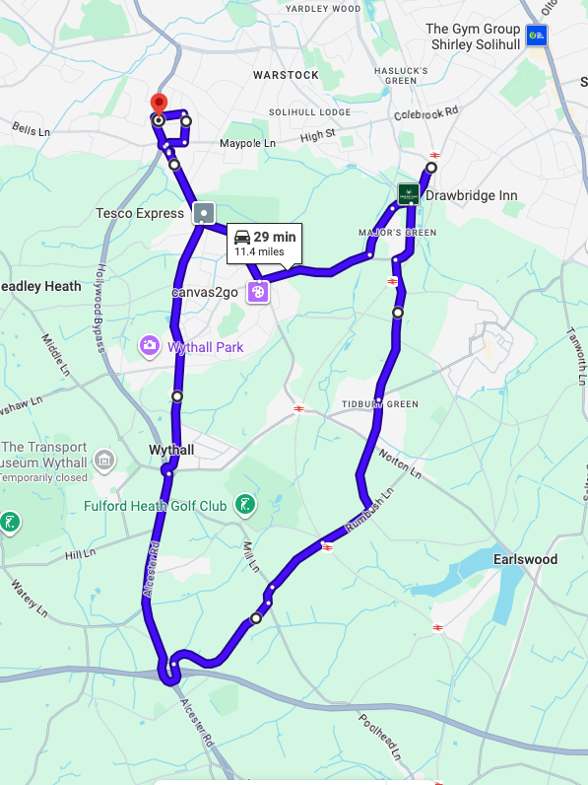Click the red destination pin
[x=158, y=103]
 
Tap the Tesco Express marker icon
[x=204, y=213]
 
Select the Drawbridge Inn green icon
[x=408, y=194]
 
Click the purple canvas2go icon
[x=256, y=292]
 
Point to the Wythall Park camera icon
[x=149, y=345]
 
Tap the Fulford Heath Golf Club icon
[x=244, y=506]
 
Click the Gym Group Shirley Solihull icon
[x=537, y=36]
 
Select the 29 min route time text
[x=274, y=237]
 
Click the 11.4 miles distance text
[x=259, y=252]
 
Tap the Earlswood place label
[x=525, y=559]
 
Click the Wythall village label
[x=170, y=450]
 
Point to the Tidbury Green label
[x=380, y=404]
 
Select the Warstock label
[x=286, y=75]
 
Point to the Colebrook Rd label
[x=426, y=113]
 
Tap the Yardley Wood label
[x=323, y=9]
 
